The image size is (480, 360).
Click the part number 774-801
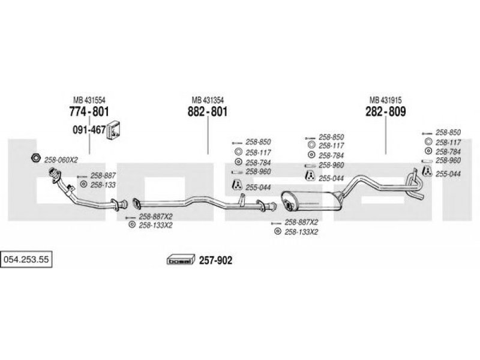click(89, 112)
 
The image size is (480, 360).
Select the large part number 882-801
click(208, 112)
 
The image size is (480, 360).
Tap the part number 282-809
click(385, 112)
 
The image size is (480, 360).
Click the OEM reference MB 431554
click(89, 100)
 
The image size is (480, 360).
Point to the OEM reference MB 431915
click(385, 100)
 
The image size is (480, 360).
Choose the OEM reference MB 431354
click(208, 100)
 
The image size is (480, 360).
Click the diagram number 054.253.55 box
click(26, 260)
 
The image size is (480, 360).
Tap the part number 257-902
click(216, 260)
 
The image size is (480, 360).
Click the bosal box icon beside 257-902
click(181, 260)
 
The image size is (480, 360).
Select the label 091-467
click(89, 130)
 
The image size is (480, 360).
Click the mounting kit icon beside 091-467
click(113, 130)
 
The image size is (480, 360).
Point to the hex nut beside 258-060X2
click(36, 158)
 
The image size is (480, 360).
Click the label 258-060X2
click(61, 160)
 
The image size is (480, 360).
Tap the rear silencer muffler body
click(311, 201)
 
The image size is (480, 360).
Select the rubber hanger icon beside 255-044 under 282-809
click(427, 172)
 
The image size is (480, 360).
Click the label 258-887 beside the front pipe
click(103, 175)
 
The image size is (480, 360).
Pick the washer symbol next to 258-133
click(83, 184)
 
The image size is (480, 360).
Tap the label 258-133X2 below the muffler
click(301, 232)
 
